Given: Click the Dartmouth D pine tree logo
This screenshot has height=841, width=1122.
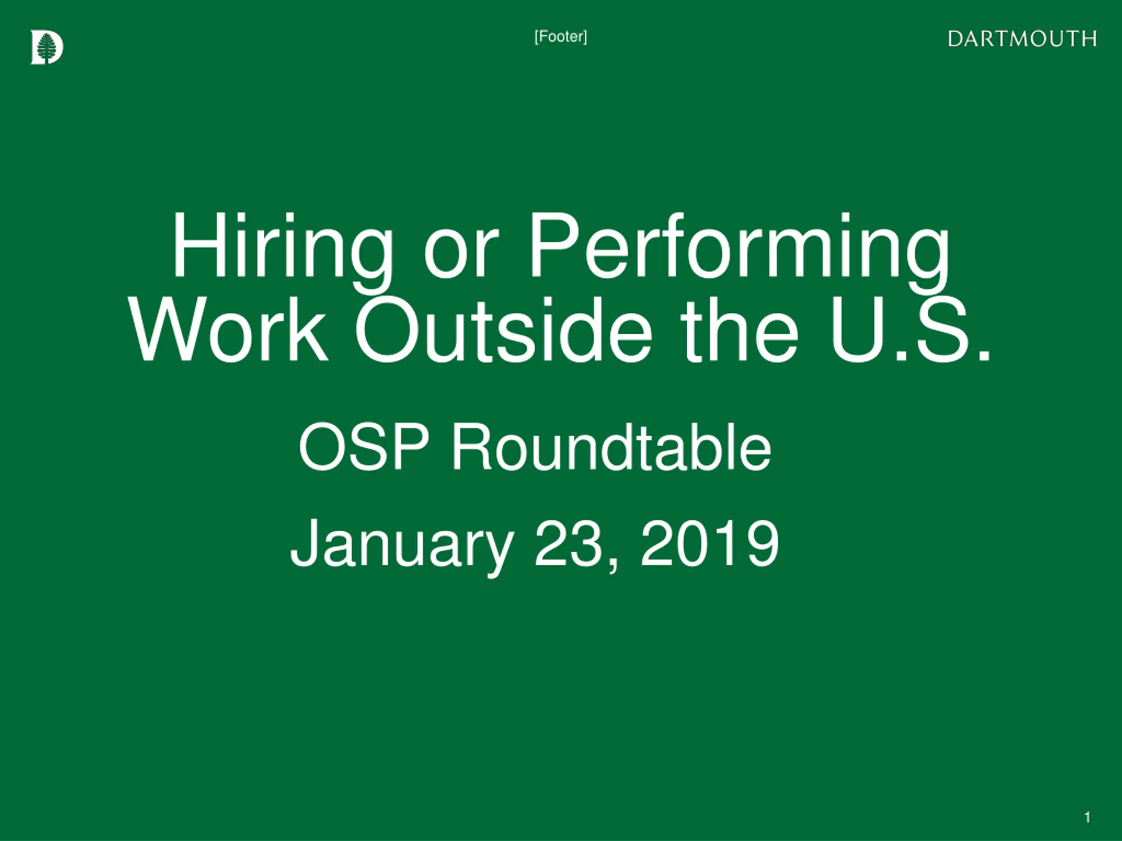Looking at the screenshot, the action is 46,47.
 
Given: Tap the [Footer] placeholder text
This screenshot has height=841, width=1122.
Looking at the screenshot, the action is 561,36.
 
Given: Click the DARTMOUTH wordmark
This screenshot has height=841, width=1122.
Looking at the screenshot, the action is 1022,39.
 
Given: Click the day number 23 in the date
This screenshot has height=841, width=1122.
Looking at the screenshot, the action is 568,544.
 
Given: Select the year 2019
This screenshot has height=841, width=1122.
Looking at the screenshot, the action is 709,544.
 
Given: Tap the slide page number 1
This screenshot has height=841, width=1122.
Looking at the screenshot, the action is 1087,817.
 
